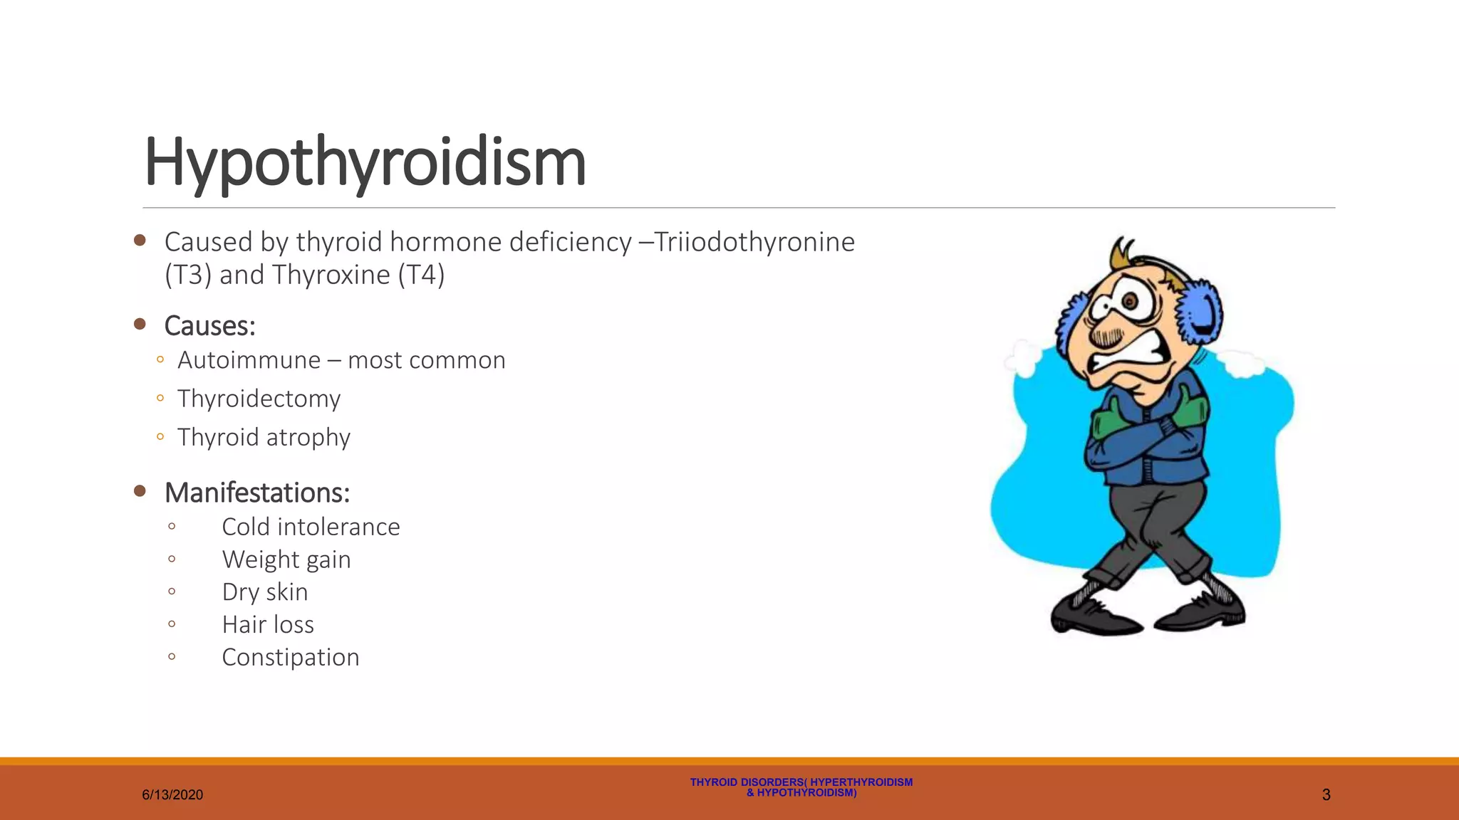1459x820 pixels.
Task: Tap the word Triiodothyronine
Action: click(x=754, y=242)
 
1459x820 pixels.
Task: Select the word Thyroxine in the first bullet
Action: click(x=331, y=275)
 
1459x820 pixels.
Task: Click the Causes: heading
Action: click(x=209, y=326)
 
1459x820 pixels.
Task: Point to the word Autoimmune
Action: click(x=249, y=360)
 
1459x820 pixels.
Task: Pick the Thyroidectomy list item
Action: click(x=259, y=399)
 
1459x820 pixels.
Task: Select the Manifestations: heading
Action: click(x=257, y=493)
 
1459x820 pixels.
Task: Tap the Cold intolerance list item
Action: click(x=311, y=527)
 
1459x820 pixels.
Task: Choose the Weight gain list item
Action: click(x=286, y=559)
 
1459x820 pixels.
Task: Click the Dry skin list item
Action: click(x=265, y=592)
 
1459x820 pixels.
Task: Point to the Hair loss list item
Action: click(x=268, y=625)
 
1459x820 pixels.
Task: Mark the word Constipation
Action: click(x=291, y=658)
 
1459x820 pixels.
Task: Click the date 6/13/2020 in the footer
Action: click(x=172, y=795)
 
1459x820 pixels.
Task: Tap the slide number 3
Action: click(x=1326, y=795)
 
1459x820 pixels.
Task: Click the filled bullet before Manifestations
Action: click(x=140, y=491)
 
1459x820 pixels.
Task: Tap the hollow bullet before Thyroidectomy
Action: click(x=160, y=398)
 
